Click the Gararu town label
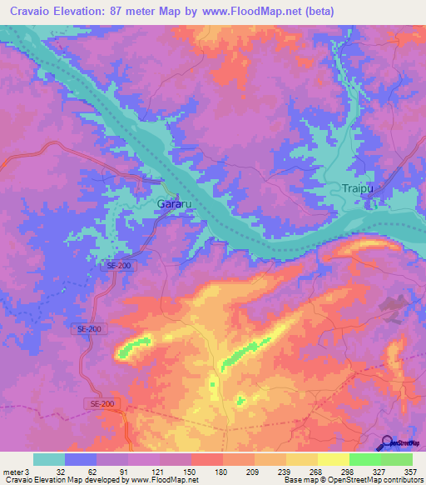tap(175, 203)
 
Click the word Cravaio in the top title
tap(32, 12)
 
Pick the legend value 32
tap(61, 471)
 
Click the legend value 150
tap(191, 471)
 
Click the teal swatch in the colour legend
tap(49, 459)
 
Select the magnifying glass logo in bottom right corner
tap(387, 443)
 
